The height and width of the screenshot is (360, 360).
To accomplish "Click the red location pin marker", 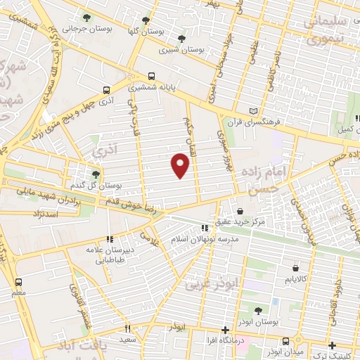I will (x=181, y=165).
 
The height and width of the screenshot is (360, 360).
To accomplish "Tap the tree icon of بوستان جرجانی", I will (x=86, y=18).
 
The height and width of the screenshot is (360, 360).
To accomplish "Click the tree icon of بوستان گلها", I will (x=146, y=20).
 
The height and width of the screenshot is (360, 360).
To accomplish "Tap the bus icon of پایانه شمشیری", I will (x=151, y=77).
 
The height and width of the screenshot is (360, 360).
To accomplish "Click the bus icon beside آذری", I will (x=106, y=90).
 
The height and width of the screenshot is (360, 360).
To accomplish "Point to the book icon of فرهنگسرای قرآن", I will (x=254, y=111).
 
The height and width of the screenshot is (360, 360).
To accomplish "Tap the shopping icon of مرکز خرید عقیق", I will (x=240, y=211).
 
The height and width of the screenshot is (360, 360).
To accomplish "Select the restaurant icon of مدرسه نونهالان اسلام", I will (x=205, y=228).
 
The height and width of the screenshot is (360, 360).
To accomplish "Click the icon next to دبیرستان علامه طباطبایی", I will (x=109, y=239).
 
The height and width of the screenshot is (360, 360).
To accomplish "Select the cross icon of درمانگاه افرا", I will (x=225, y=330).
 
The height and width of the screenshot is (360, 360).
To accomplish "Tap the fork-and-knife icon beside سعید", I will (x=128, y=328).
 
